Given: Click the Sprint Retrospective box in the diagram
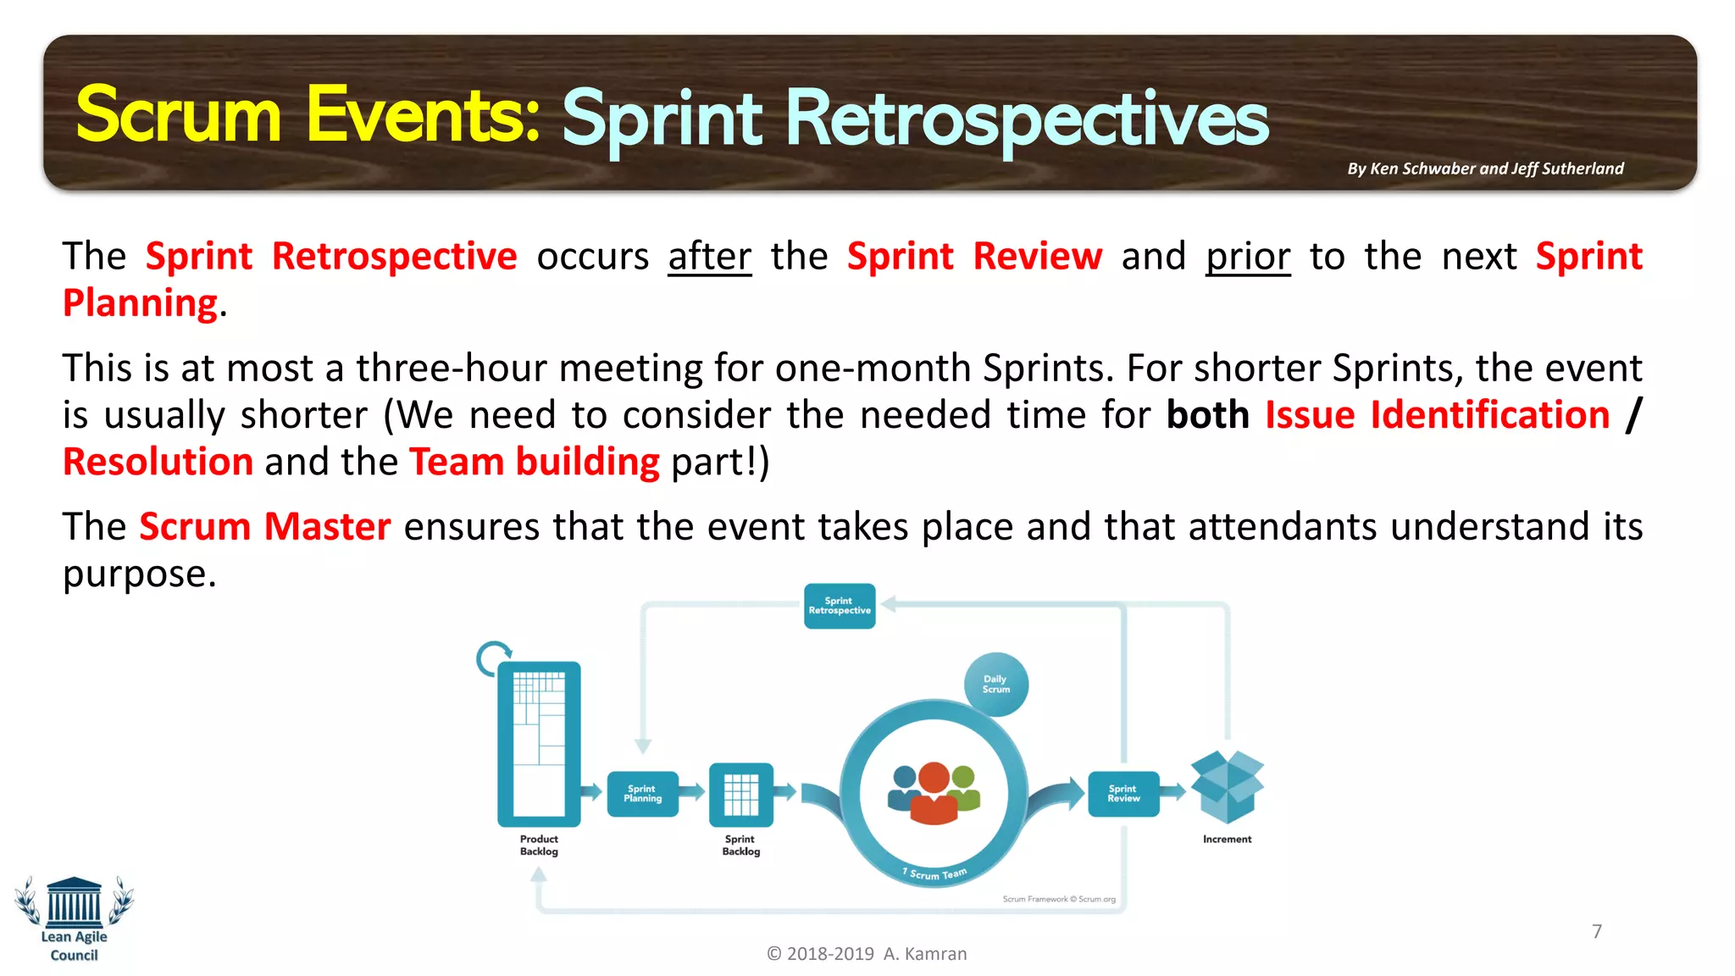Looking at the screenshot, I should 839,606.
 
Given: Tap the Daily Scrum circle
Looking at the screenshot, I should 995,684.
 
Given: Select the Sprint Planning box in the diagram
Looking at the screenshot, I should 642,794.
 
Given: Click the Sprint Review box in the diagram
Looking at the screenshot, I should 1123,794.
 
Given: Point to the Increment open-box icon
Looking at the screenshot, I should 1226,786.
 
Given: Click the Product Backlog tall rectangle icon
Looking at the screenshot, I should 539,744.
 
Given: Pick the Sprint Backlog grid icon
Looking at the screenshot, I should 740,795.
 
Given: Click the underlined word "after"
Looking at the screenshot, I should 709,257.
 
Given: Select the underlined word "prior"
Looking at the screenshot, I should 1247,257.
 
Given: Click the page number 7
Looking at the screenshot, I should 1597,931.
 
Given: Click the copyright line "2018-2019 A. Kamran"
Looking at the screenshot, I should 867,954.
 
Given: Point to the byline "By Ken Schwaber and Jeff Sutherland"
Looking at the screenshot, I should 1485,169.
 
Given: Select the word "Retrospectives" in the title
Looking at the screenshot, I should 1026,120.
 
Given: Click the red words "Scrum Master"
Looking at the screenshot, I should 264,527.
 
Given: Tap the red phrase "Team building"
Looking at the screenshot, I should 534,463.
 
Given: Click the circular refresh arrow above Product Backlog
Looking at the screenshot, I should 493,658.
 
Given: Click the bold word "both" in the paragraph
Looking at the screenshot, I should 1207,415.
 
